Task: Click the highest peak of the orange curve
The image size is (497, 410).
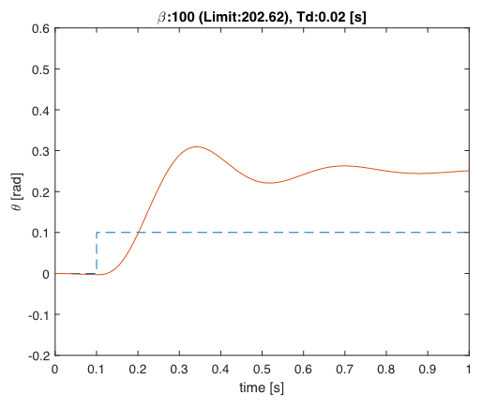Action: pyautogui.click(x=197, y=146)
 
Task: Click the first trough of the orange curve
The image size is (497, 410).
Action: pyautogui.click(x=269, y=183)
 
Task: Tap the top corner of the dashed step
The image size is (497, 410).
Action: pyautogui.click(x=97, y=233)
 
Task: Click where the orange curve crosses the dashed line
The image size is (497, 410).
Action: pyautogui.click(x=138, y=233)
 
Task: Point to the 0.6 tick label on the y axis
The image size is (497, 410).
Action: pyautogui.click(x=40, y=28)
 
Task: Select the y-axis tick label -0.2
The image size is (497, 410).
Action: pyautogui.click(x=39, y=356)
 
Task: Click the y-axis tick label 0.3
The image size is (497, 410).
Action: pyautogui.click(x=40, y=151)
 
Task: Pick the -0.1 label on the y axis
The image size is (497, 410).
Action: pyautogui.click(x=39, y=315)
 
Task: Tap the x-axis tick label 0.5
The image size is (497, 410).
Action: pyautogui.click(x=263, y=370)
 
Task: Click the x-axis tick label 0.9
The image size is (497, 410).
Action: pyautogui.click(x=428, y=370)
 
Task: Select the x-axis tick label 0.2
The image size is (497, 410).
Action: pyautogui.click(x=138, y=370)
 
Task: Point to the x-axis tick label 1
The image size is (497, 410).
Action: pyautogui.click(x=469, y=370)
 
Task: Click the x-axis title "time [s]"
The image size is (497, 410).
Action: pyautogui.click(x=262, y=387)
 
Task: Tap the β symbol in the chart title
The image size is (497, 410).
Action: pyautogui.click(x=161, y=18)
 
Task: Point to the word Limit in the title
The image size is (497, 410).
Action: pyautogui.click(x=220, y=17)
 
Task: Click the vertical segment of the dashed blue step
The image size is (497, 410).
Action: pyautogui.click(x=97, y=252)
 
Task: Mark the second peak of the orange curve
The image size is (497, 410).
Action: pyautogui.click(x=344, y=166)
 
